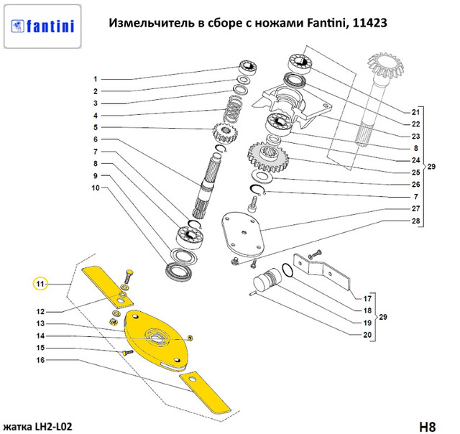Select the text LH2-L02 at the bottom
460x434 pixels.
tap(50, 426)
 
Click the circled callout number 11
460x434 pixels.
tap(41, 284)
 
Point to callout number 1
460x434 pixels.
tap(94, 79)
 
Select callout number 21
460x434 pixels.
tap(415, 112)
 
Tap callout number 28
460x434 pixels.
tap(415, 221)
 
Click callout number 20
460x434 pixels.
tap(367, 336)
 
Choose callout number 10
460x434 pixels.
tap(94, 188)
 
